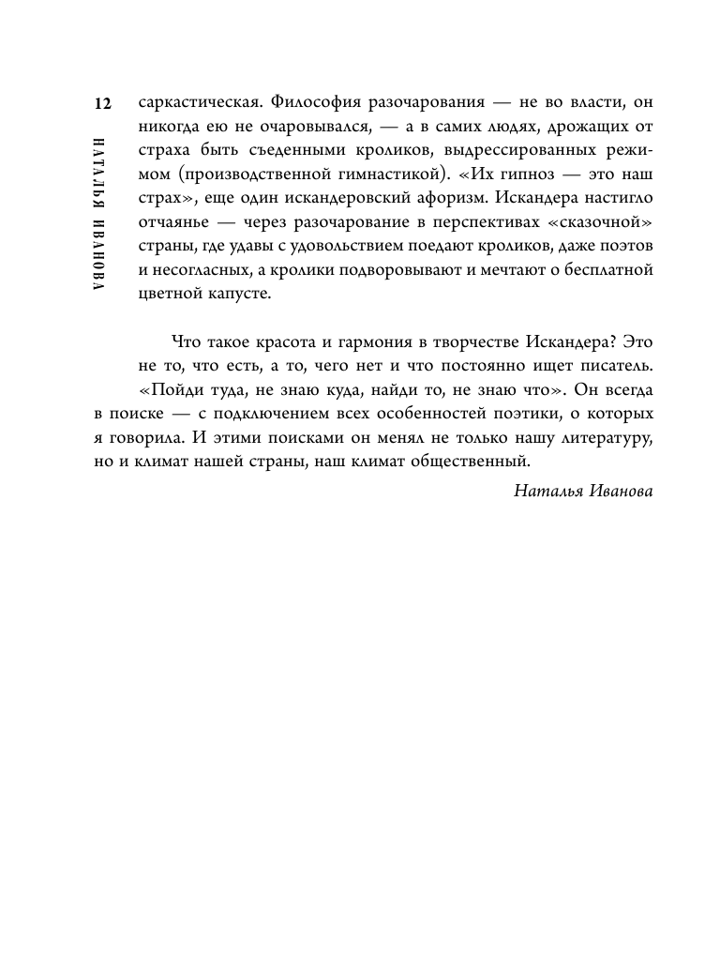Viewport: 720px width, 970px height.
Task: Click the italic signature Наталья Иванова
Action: [x=583, y=491]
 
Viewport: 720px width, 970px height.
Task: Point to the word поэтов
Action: [x=624, y=249]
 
